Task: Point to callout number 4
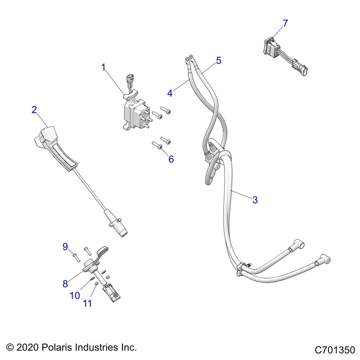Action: point(170,94)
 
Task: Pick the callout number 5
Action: point(219,60)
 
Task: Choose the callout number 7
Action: point(285,23)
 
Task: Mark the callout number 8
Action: point(65,283)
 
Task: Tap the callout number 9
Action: point(65,246)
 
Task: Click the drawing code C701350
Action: point(335,350)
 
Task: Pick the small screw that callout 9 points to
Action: point(76,256)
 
